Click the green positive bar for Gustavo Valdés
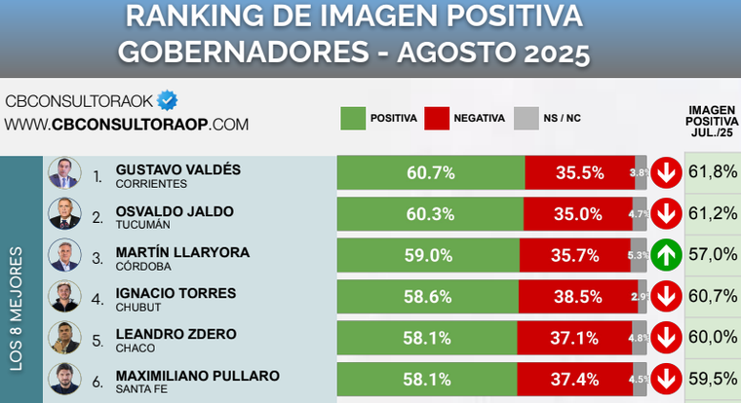(x=431, y=173)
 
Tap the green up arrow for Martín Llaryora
(x=666, y=255)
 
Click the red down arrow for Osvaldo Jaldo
(x=666, y=214)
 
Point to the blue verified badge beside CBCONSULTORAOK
(x=168, y=100)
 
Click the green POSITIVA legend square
(x=352, y=118)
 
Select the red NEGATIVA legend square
(x=437, y=118)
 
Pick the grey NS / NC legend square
(x=526, y=118)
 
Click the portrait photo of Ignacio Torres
(x=63, y=296)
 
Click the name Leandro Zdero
(x=175, y=334)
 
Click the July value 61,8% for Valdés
(x=713, y=172)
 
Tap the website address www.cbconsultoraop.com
(x=127, y=125)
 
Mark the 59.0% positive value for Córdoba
(x=429, y=255)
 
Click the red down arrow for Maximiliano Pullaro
(x=666, y=378)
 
